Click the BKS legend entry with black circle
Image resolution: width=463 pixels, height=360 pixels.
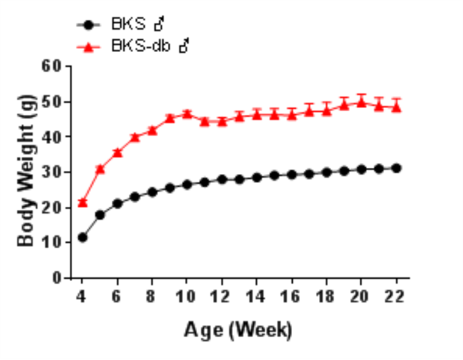coord(121,25)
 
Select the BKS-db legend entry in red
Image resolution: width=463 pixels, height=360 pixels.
coord(133,46)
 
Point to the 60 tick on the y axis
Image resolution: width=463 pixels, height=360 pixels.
coord(54,65)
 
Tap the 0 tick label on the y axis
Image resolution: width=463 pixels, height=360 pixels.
coord(58,278)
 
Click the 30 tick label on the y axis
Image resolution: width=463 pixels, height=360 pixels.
coord(54,172)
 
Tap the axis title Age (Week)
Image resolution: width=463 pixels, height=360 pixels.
coord(238,330)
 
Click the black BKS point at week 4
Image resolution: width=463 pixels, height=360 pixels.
coord(82,237)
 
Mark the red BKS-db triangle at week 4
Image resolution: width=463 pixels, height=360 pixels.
coord(82,202)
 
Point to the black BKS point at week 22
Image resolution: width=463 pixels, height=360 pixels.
coord(396,168)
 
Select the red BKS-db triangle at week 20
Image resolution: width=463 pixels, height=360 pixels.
coord(361,102)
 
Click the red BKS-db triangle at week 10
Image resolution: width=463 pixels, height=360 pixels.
coord(187,114)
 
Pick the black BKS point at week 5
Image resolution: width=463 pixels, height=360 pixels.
coord(99,215)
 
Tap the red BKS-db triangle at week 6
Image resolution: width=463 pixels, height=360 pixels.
coord(117,152)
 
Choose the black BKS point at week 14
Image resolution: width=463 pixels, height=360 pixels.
coord(257,177)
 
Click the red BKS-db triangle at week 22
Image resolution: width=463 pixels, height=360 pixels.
coord(396,106)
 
